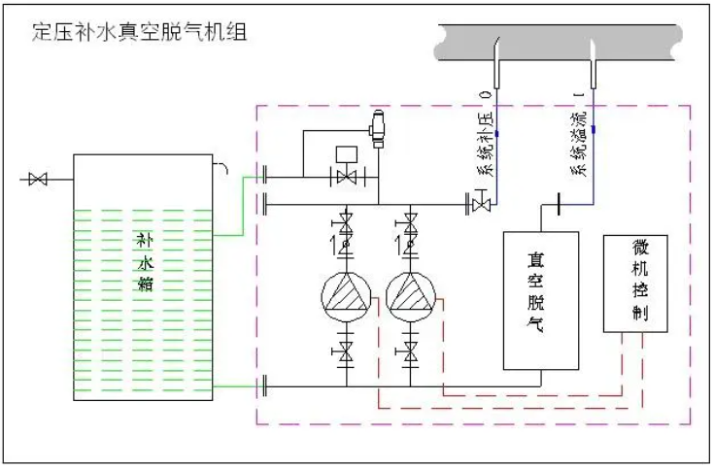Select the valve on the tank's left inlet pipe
coord(38,179)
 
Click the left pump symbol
coord(345,295)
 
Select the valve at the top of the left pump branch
coord(345,217)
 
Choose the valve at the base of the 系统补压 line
coord(480,205)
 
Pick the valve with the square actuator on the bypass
coord(343,175)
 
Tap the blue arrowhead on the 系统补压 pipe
coord(495,132)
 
